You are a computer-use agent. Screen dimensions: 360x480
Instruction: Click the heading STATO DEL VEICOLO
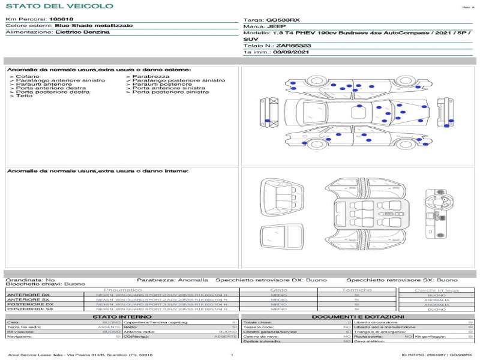coord(59,6)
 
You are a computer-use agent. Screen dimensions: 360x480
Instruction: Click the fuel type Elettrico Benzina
coord(82,32)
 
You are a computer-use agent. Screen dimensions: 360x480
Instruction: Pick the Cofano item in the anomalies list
coord(28,77)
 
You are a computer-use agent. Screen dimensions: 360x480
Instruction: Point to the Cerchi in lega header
coord(436,290)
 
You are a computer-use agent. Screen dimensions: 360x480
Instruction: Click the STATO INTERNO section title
coord(118,317)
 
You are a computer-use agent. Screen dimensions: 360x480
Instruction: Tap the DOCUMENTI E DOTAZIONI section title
coord(358,317)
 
